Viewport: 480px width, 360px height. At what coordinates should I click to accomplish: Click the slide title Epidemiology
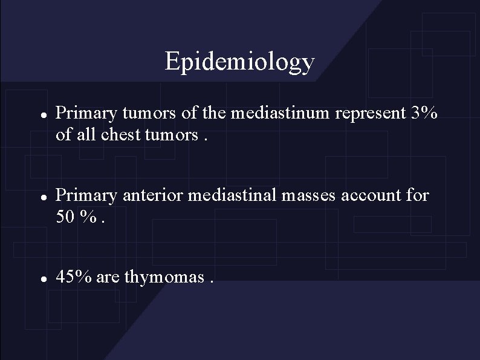[x=239, y=61]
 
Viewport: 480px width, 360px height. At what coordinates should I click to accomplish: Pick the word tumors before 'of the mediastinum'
[x=143, y=113]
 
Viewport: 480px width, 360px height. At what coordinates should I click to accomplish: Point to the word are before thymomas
[x=107, y=278]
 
